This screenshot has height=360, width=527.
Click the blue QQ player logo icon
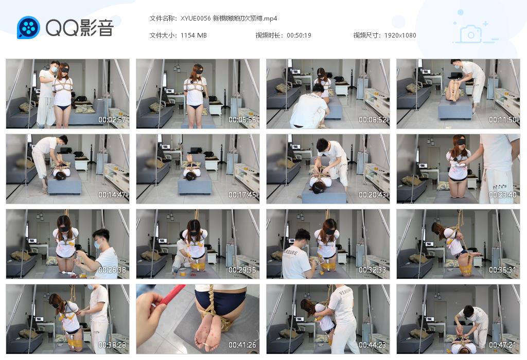[x=28, y=28]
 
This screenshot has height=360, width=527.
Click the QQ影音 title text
[x=79, y=28]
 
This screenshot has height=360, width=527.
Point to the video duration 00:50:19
[x=299, y=35]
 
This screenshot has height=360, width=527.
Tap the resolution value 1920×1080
[x=400, y=35]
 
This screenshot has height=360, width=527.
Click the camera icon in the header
[x=471, y=33]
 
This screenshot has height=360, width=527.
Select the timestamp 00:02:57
[x=112, y=120]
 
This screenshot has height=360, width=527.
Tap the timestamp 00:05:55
[x=242, y=120]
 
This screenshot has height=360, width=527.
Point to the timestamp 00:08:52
[x=373, y=120]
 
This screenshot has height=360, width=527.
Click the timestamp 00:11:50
[x=503, y=120]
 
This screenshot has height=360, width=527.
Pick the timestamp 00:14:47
[x=112, y=195]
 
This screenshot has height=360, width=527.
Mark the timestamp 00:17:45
[x=242, y=195]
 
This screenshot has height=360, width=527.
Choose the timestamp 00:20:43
[x=373, y=195]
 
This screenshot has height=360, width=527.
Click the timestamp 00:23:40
[x=503, y=195]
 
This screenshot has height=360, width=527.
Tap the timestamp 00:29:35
[x=242, y=270]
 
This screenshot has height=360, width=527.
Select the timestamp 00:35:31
[x=503, y=270]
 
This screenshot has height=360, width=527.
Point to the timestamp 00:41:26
[x=242, y=345]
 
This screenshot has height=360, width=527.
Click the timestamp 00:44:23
[x=373, y=345]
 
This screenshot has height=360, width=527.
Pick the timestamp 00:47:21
[x=503, y=345]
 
